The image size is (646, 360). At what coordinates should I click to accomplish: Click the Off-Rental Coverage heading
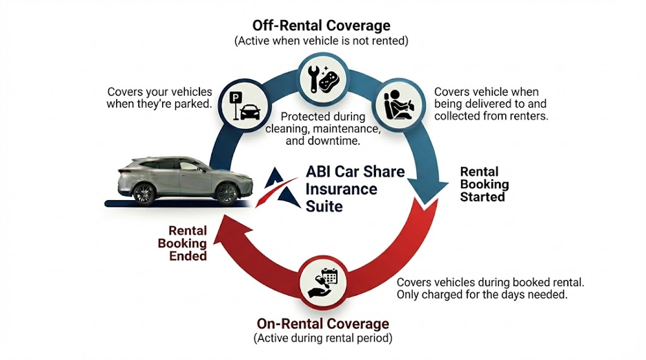pyautogui.click(x=322, y=26)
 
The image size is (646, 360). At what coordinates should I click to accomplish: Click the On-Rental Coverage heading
pyautogui.click(x=323, y=323)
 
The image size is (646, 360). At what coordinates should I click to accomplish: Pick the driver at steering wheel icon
pyautogui.click(x=398, y=104)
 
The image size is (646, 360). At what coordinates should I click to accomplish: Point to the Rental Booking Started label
pyautogui.click(x=484, y=184)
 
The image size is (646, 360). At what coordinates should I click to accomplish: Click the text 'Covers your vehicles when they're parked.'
pyautogui.click(x=159, y=98)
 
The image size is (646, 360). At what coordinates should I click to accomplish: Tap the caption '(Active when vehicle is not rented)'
pyautogui.click(x=322, y=41)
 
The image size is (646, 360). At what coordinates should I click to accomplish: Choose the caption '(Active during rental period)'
pyautogui.click(x=323, y=338)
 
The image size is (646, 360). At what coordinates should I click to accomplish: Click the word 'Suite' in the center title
pyautogui.click(x=324, y=206)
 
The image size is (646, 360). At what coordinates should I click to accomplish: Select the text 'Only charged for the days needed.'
pyautogui.click(x=482, y=294)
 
